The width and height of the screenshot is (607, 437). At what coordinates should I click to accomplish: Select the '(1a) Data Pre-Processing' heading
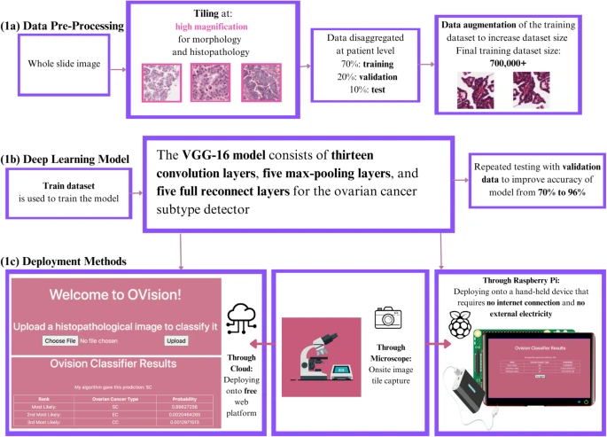62,25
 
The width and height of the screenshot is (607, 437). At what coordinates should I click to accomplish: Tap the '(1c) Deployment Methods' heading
67,263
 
